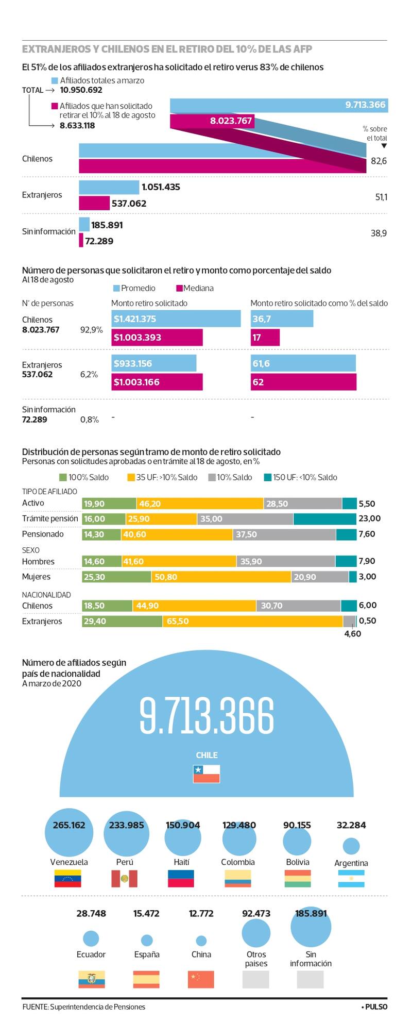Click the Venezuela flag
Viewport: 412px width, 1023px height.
pyautogui.click(x=67, y=879)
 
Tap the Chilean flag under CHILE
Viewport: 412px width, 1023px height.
pyautogui.click(x=207, y=774)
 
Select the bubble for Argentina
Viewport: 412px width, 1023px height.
pyautogui.click(x=351, y=846)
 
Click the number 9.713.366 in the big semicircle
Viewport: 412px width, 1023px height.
pyautogui.click(x=207, y=716)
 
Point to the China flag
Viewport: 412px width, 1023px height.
pyautogui.click(x=201, y=979)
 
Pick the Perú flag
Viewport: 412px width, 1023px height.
pyautogui.click(x=125, y=879)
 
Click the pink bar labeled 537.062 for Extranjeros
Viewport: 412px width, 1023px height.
pyautogui.click(x=94, y=203)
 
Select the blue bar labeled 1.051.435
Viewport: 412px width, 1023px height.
pyautogui.click(x=109, y=187)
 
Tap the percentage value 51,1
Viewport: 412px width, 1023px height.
pyautogui.click(x=381, y=197)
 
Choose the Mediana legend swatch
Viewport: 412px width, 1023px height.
pyautogui.click(x=179, y=288)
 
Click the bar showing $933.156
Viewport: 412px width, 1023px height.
pyautogui.click(x=154, y=363)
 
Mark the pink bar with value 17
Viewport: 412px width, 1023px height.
pyautogui.click(x=265, y=338)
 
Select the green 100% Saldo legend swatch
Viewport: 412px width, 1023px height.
pyautogui.click(x=63, y=477)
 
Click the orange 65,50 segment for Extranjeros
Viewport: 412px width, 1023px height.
pyautogui.click(x=252, y=621)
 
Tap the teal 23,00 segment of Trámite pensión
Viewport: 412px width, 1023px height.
pyautogui.click(x=324, y=519)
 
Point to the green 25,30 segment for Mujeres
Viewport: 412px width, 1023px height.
pyautogui.click(x=116, y=577)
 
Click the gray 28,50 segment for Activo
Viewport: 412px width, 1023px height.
pyautogui.click(x=303, y=504)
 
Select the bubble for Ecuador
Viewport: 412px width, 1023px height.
pyautogui.click(x=91, y=938)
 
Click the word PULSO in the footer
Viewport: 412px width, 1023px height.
pyautogui.click(x=376, y=1007)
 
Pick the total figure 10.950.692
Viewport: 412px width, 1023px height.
pyautogui.click(x=81, y=90)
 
